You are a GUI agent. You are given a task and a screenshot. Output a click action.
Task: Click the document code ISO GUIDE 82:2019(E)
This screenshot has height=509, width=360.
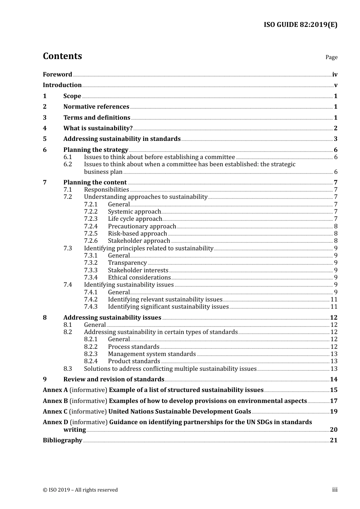300,25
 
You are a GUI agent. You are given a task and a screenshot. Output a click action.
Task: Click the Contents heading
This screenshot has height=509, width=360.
62,56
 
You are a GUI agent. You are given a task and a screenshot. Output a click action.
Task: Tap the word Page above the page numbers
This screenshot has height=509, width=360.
331,57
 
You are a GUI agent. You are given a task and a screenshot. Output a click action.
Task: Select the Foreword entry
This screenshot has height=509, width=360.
57,75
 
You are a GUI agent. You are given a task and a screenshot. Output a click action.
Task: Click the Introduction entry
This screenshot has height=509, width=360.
62,85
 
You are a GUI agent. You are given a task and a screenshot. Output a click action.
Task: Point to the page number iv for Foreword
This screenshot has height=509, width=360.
335,75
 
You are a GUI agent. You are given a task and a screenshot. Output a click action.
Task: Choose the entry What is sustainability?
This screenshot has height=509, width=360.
98,128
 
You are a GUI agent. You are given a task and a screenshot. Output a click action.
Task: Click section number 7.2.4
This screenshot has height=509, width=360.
91,226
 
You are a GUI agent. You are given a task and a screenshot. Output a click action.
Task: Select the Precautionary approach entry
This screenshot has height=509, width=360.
142,226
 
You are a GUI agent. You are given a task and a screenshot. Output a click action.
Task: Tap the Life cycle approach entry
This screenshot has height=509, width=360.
135,219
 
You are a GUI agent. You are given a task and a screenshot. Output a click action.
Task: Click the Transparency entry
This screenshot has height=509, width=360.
127,263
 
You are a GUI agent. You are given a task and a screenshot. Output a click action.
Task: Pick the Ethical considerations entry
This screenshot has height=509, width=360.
139,278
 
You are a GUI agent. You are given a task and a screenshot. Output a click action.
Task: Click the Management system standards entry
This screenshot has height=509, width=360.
152,354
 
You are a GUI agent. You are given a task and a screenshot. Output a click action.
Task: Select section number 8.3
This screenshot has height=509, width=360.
67,369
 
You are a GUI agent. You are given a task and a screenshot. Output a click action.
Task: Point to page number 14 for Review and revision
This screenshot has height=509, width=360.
333,379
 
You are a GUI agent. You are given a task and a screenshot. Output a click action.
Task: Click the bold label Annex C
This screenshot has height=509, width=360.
55,412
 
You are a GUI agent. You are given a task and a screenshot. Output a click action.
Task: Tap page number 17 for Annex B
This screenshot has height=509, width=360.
333,401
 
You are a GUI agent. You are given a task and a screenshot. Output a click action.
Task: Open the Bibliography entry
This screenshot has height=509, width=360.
63,440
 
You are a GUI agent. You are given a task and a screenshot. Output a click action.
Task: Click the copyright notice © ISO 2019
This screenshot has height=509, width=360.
80,490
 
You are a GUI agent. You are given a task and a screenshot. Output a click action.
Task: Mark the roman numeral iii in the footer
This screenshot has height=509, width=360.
335,490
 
